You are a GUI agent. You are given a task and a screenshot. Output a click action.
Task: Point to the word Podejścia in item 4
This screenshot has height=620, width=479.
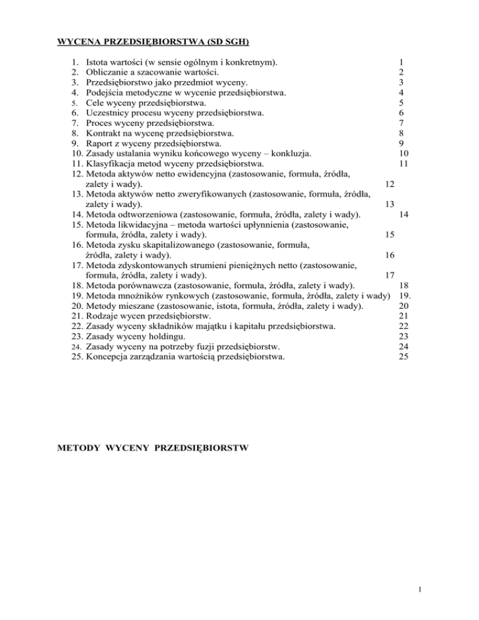pyautogui.click(x=105, y=92)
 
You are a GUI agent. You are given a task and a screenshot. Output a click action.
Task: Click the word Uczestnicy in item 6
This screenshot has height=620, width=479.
pyautogui.click(x=108, y=112)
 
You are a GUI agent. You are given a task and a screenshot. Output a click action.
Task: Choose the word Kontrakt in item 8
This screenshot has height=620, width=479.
pyautogui.click(x=104, y=133)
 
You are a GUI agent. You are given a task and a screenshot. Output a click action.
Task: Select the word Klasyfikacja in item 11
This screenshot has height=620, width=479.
pyautogui.click(x=110, y=163)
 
